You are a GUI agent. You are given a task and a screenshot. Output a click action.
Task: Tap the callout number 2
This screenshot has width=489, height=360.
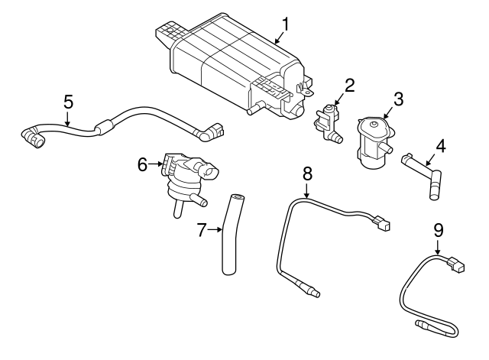tap(348, 85)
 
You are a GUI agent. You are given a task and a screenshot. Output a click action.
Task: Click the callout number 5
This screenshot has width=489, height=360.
tap(68, 100)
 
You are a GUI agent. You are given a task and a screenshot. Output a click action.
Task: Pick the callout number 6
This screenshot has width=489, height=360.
tap(141, 164)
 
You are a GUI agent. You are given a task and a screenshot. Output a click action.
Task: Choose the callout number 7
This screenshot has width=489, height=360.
tap(202, 229)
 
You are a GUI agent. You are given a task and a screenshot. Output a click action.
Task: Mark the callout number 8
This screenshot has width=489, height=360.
tap(307, 174)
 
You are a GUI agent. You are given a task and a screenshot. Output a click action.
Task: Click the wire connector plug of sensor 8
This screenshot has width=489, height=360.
tap(384, 224)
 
